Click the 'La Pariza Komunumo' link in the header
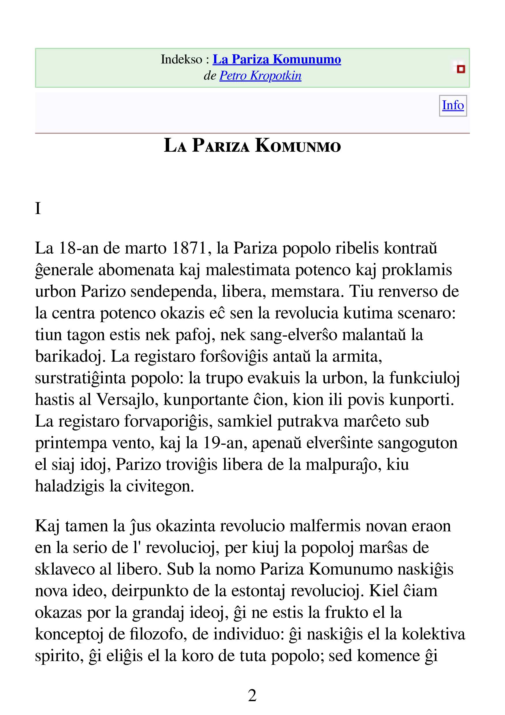[x=277, y=59]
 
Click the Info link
[x=453, y=105]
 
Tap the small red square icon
[x=461, y=69]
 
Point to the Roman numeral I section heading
[x=38, y=208]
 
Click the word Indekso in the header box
[x=181, y=59]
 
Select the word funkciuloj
[x=424, y=378]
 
